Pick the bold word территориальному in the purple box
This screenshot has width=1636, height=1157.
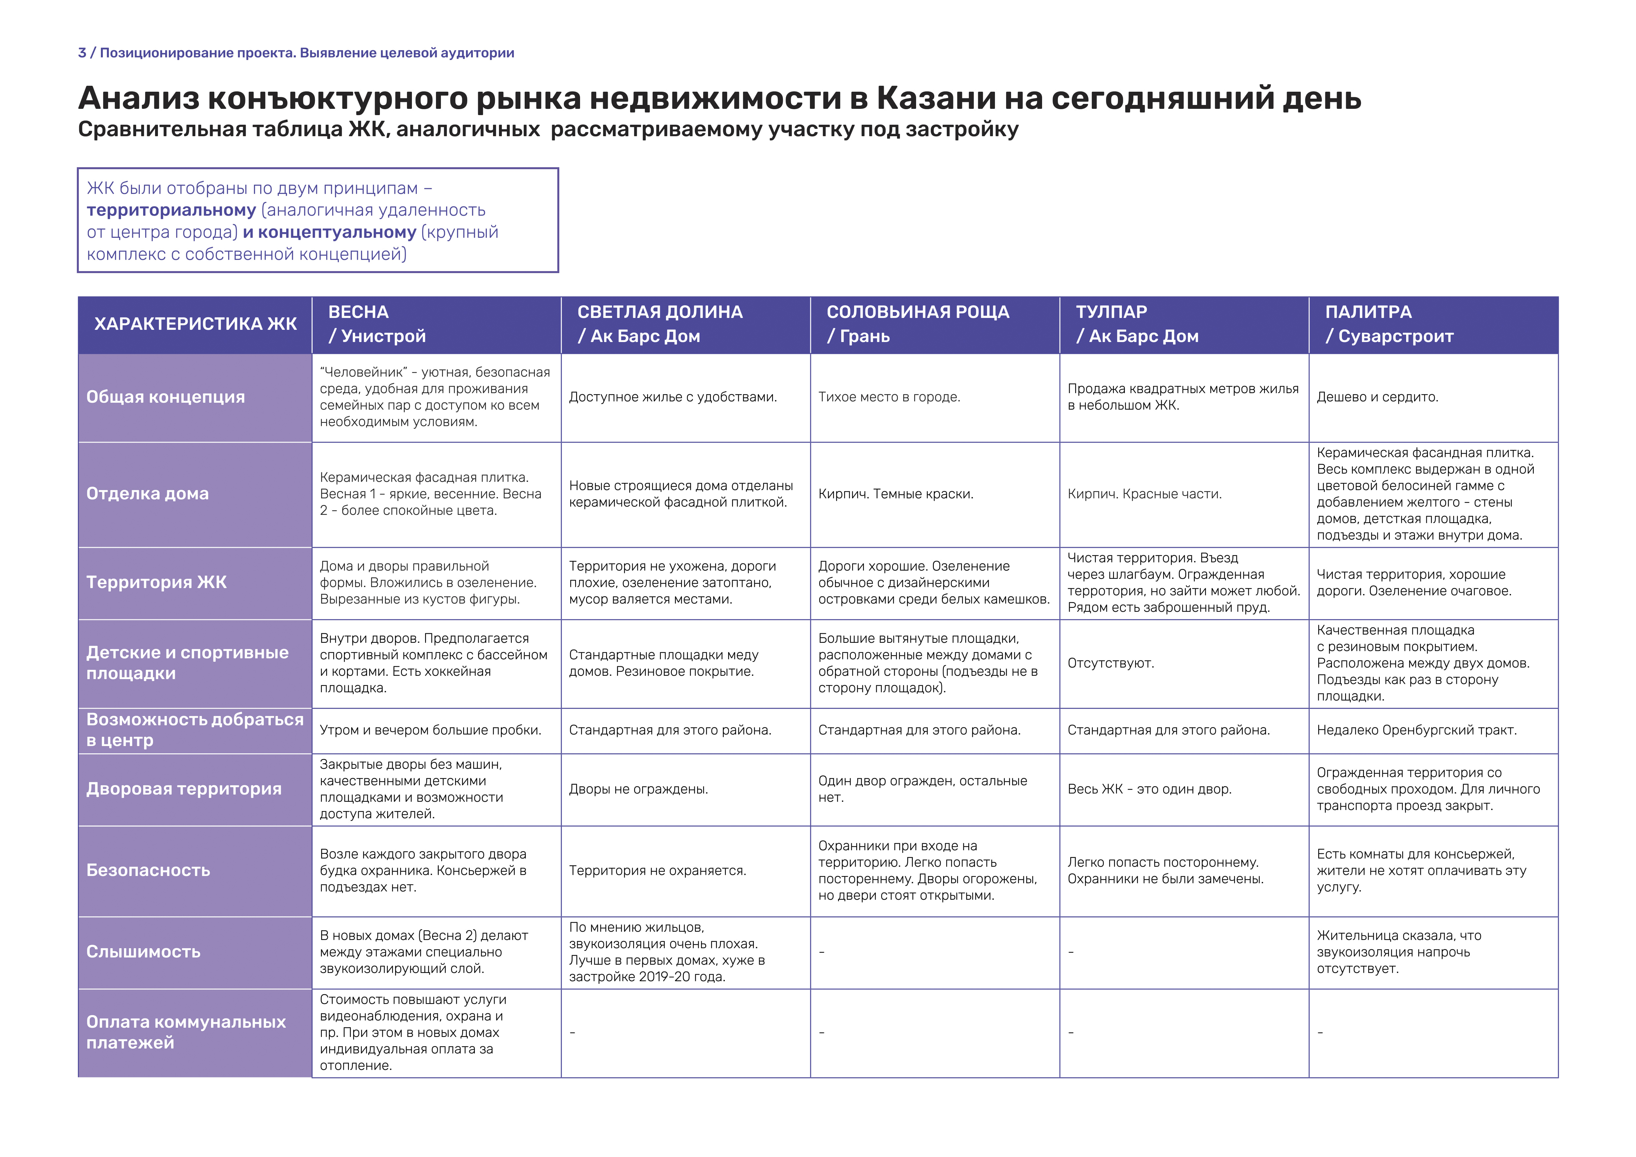click(171, 210)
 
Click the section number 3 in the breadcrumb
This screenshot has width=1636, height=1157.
click(82, 53)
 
